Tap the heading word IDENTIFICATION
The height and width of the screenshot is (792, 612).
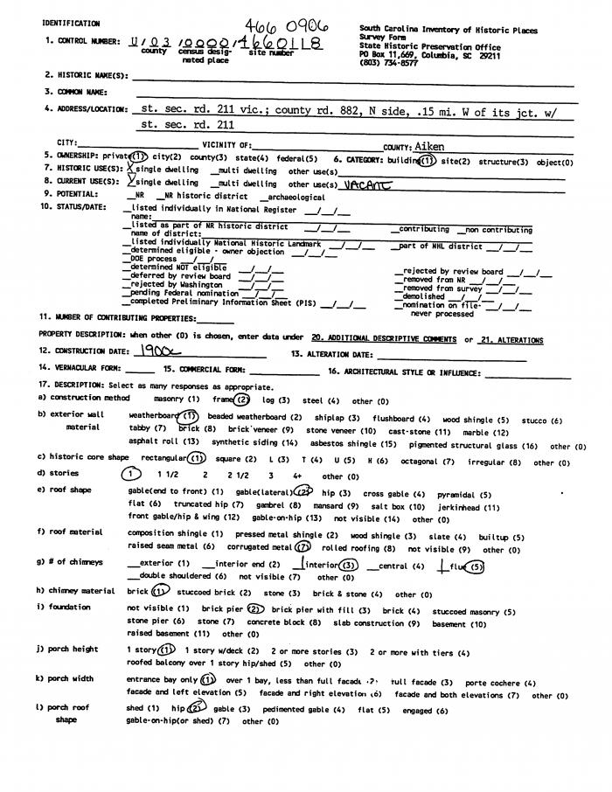tap(71, 24)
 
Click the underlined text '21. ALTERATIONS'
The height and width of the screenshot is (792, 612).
tap(511, 339)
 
